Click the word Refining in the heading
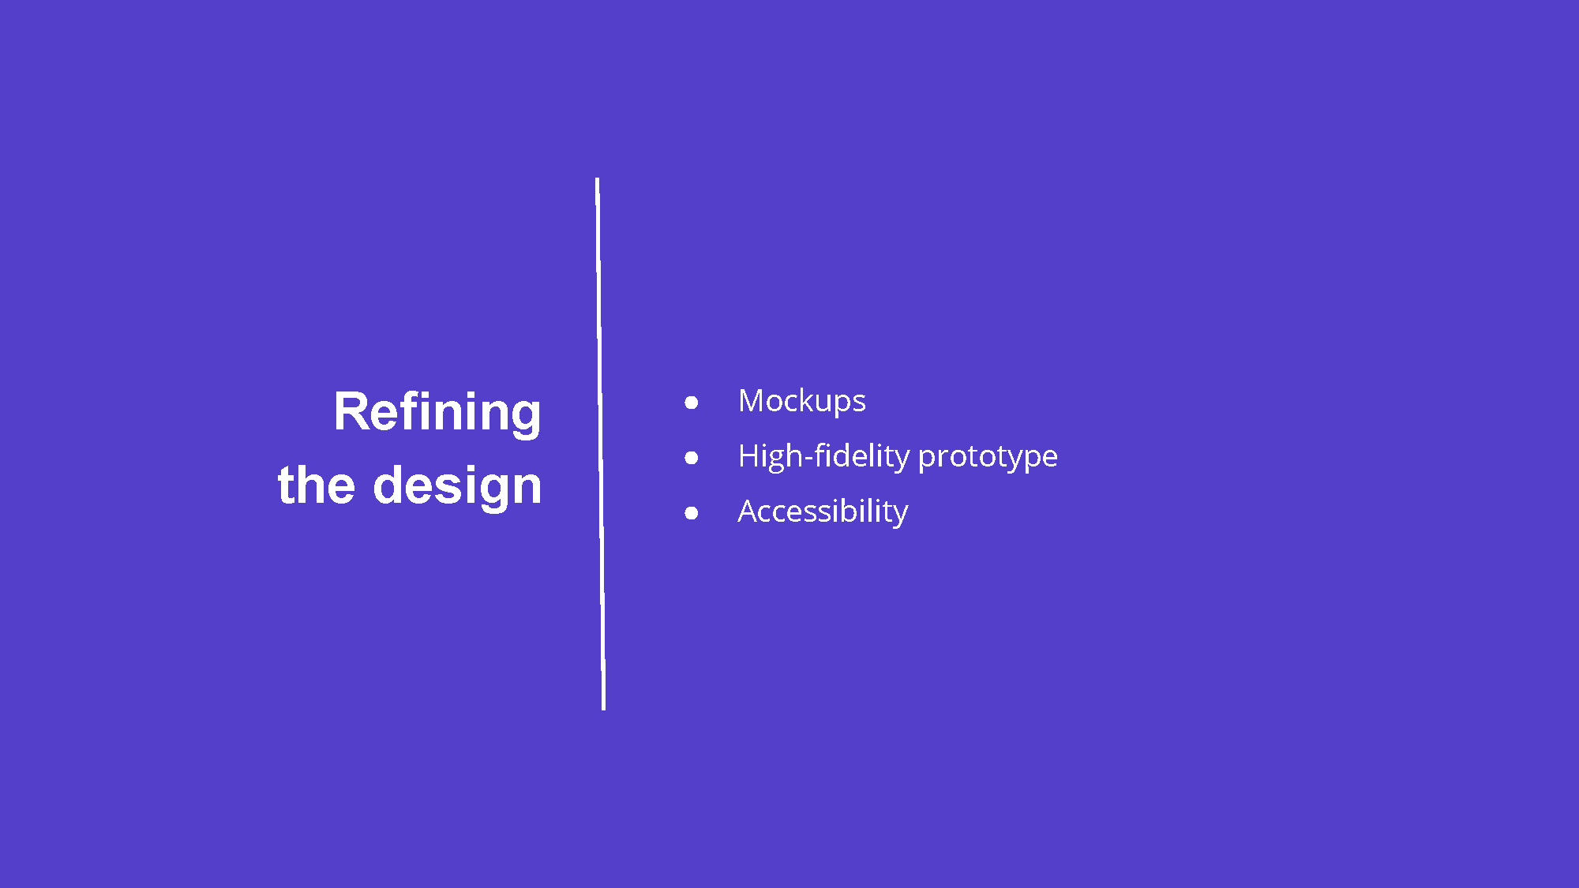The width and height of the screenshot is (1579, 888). [x=437, y=413]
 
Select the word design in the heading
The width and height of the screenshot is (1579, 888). [x=457, y=487]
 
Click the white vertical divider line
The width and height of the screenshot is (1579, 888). [x=601, y=444]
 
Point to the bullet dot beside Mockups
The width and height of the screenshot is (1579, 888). [x=692, y=403]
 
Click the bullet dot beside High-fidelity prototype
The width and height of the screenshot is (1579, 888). [x=692, y=458]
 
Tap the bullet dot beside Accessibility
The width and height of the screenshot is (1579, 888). [x=692, y=513]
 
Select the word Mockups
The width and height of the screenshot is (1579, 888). [x=802, y=402]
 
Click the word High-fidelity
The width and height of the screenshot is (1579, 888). [x=824, y=457]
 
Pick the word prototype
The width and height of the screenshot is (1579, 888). [x=988, y=459]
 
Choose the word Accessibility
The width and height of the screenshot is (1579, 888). [x=823, y=512]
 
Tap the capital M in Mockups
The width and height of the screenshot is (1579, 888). [x=752, y=401]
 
